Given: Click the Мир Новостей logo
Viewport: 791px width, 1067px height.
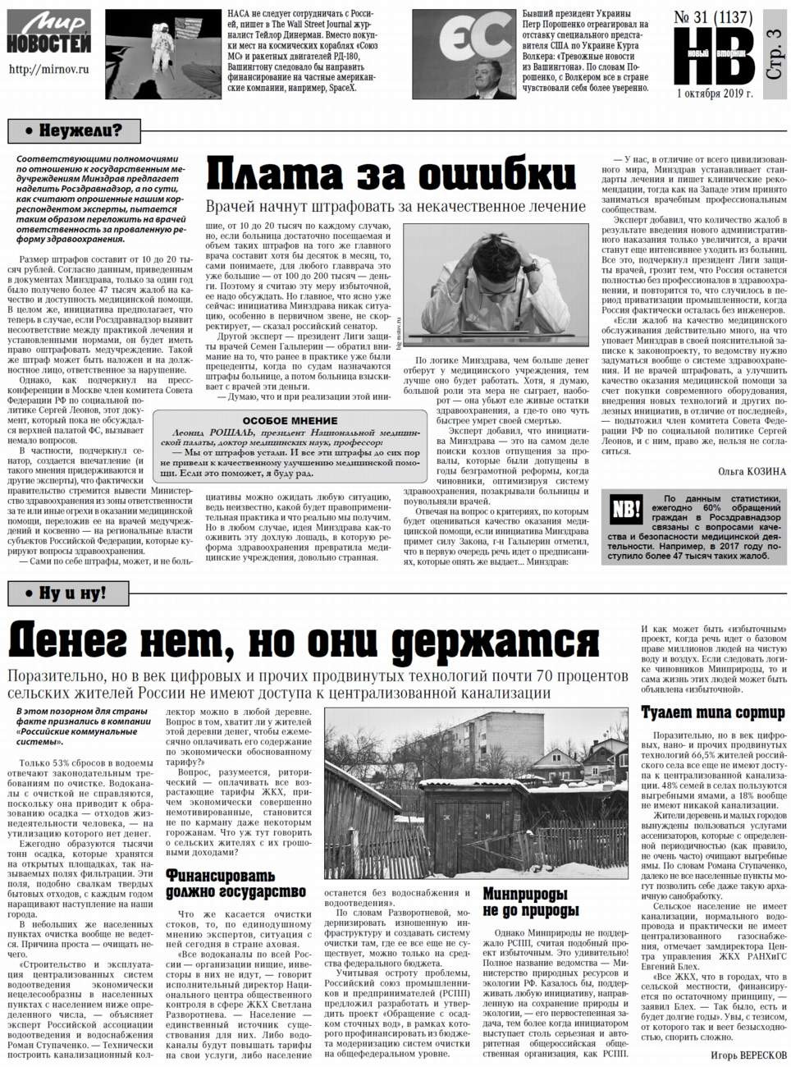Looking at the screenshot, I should (48, 33).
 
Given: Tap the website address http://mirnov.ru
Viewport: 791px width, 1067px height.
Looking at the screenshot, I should (48, 70).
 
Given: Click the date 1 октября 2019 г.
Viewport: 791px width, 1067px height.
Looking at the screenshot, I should (716, 93).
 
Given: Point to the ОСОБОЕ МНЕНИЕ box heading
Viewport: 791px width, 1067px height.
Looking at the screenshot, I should (290, 419).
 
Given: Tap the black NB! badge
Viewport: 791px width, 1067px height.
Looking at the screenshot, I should (625, 511).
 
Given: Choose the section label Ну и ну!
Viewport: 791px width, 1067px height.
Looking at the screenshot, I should (66, 593).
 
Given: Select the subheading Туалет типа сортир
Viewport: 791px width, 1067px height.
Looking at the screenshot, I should (712, 712).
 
